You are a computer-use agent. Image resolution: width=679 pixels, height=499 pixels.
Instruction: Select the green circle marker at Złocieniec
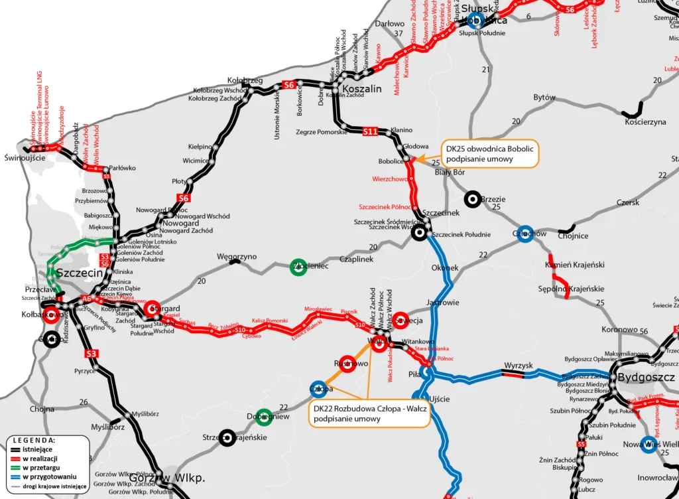pyautogui.click(x=298, y=266)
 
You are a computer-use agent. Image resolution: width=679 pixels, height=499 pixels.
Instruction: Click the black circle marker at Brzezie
pyautogui.click(x=472, y=198)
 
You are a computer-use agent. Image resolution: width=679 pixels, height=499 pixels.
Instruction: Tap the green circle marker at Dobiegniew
pyautogui.click(x=264, y=417)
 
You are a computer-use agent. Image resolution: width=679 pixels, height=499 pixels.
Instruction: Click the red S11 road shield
pyautogui.click(x=370, y=131)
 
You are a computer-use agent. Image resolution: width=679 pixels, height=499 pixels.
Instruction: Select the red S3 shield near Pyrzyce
pyautogui.click(x=92, y=354)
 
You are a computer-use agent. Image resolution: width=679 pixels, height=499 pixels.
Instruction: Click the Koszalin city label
pyautogui.click(x=361, y=89)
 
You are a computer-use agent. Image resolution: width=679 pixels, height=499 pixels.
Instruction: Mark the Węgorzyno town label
pyautogui.click(x=236, y=256)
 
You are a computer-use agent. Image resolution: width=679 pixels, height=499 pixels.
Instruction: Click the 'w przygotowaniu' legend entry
pyautogui.click(x=49, y=476)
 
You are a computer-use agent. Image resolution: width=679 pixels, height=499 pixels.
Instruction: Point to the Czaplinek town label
pyautogui.click(x=357, y=259)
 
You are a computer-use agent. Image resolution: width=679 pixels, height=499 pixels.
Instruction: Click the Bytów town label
pyautogui.click(x=544, y=98)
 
